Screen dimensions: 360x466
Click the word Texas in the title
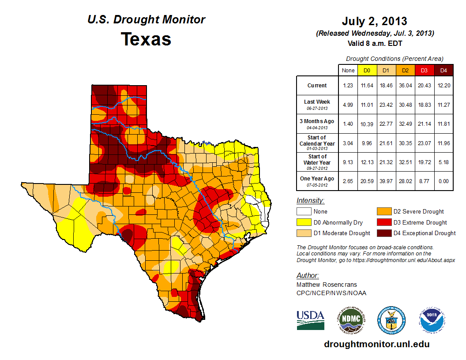[x=146, y=39]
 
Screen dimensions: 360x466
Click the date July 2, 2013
[x=374, y=21]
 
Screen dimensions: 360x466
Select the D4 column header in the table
[x=443, y=70]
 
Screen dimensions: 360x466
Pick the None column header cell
[x=348, y=70]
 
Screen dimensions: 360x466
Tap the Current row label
[x=317, y=86]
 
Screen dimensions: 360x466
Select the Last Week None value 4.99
[x=348, y=105]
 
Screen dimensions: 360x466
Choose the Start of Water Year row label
[x=317, y=162]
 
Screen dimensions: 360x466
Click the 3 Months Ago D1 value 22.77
[x=385, y=124]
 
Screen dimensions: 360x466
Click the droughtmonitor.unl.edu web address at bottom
[x=376, y=344]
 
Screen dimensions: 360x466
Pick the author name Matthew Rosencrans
[x=327, y=285]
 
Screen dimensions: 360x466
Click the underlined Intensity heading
[x=310, y=201]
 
